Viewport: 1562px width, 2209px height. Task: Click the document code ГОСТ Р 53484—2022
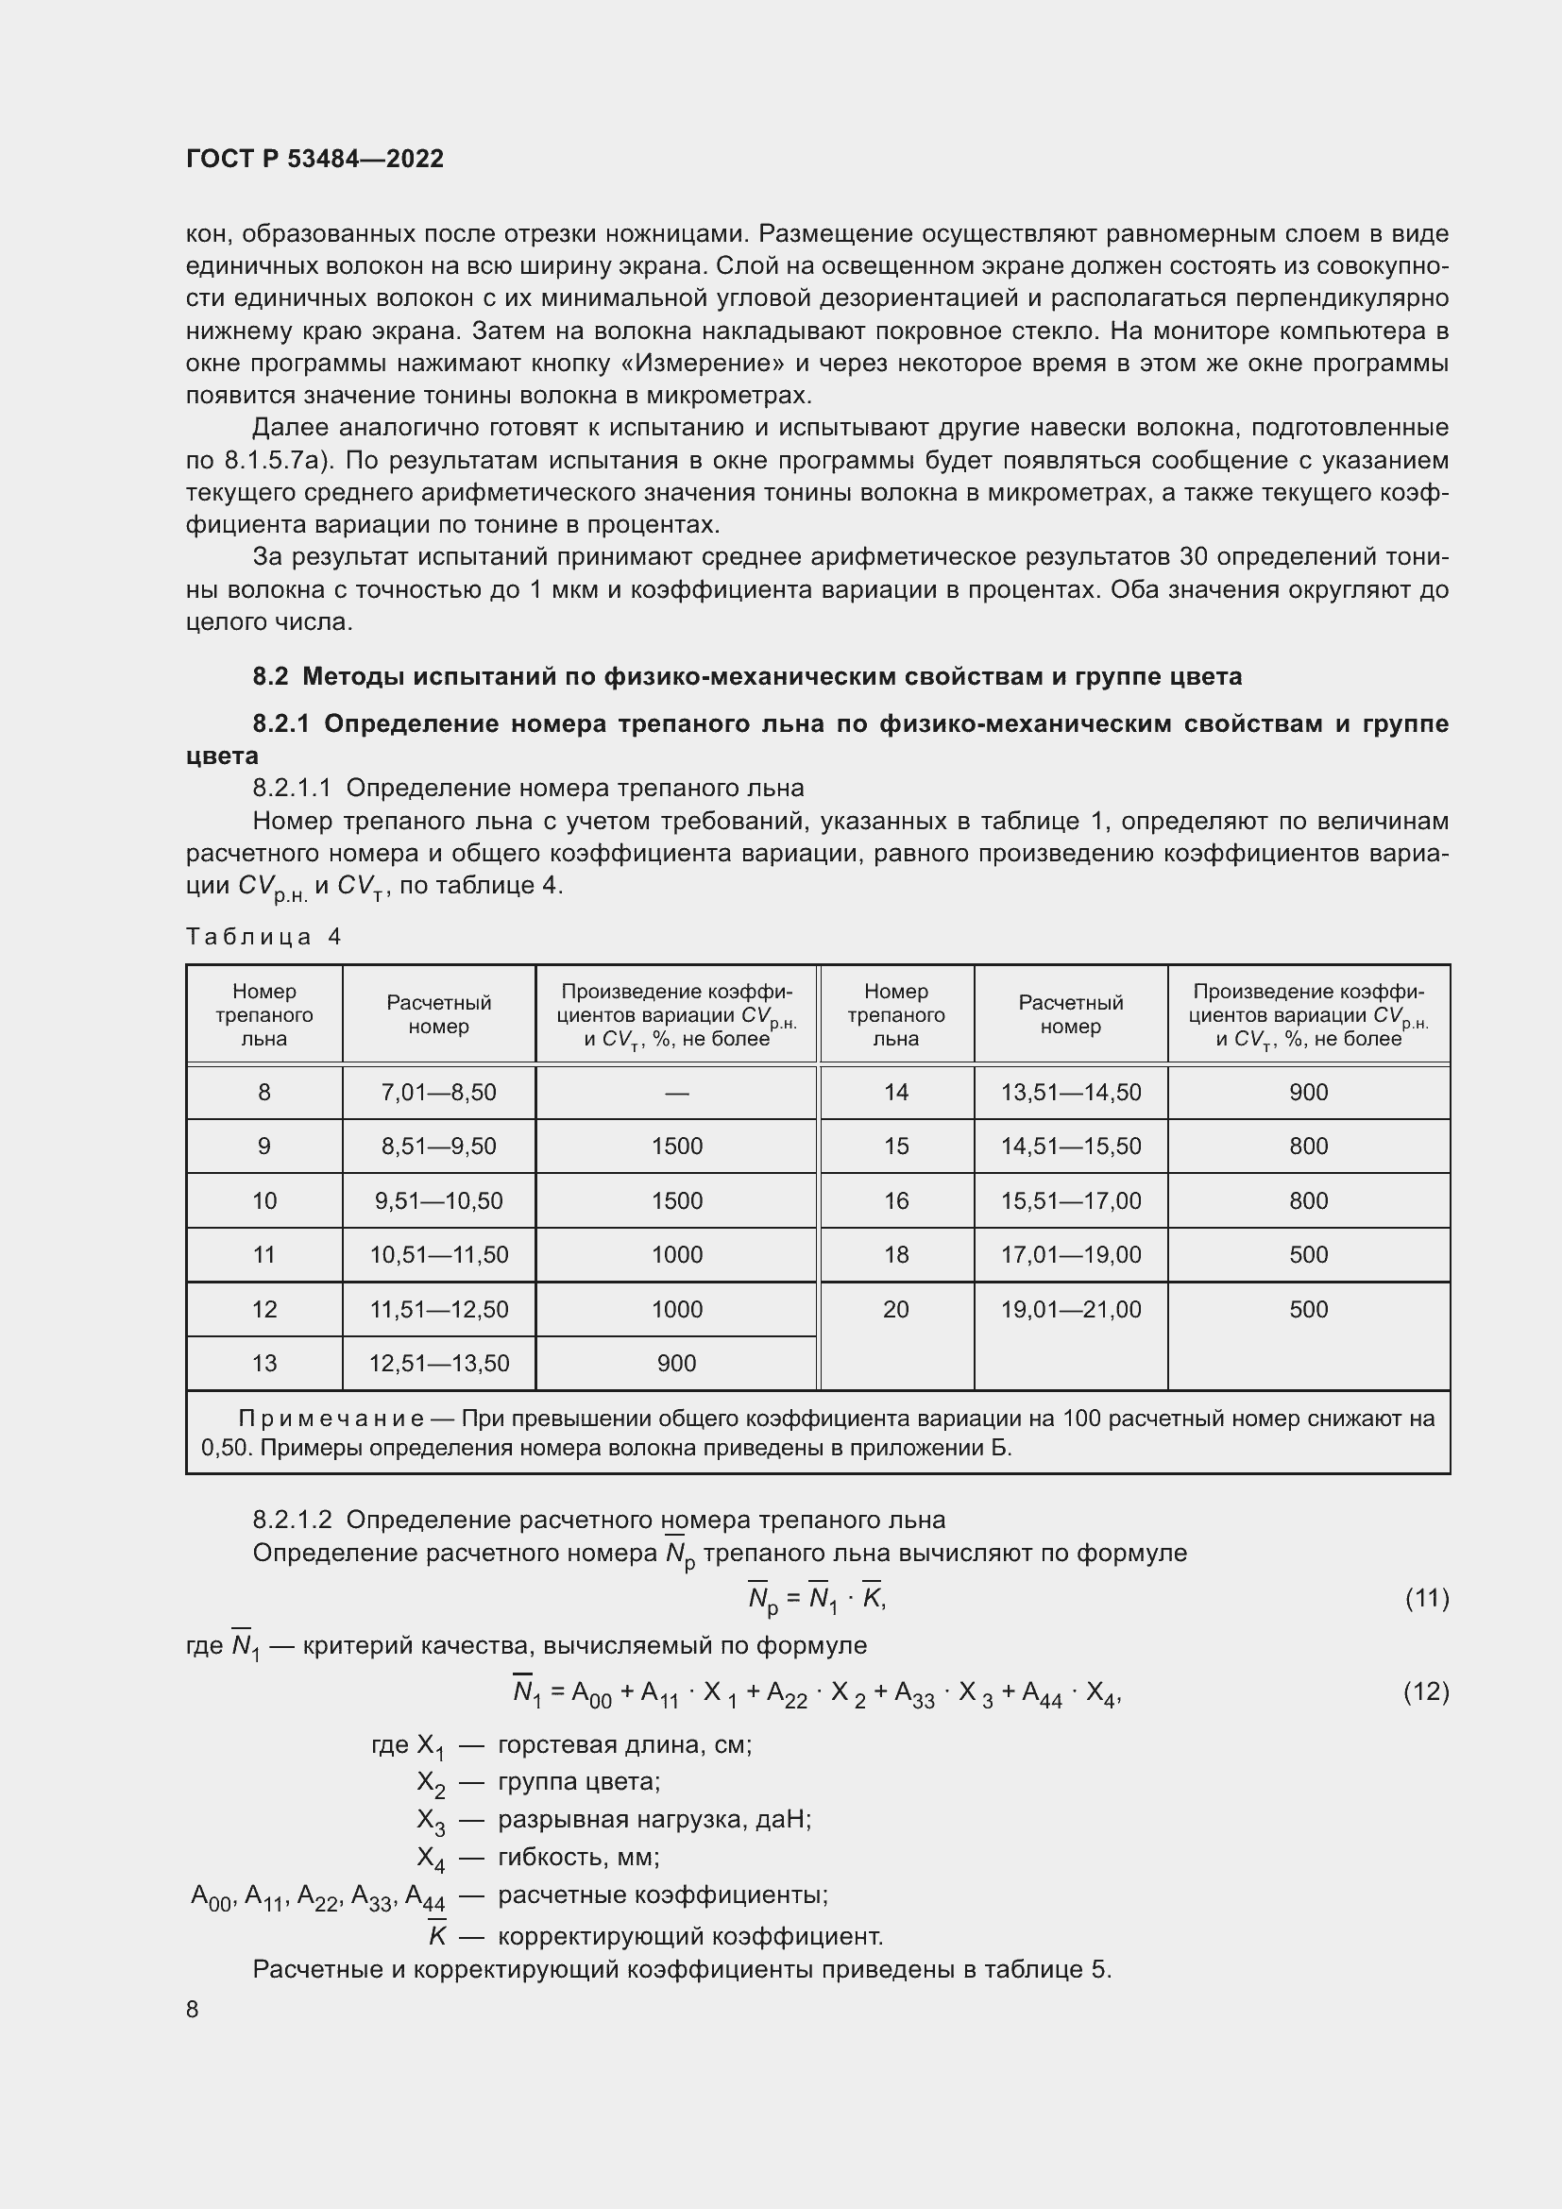314,159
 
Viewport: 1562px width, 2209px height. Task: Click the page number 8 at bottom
193,2010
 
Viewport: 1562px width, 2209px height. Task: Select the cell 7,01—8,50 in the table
438,1092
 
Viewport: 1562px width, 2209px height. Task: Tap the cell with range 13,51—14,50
1071,1092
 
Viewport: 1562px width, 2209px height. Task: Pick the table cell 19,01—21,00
1071,1309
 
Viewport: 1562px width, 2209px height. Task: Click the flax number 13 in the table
263,1364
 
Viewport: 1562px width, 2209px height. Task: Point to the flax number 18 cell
895,1254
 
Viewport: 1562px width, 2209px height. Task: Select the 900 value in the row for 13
676,1364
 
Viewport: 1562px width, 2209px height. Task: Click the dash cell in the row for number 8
676,1093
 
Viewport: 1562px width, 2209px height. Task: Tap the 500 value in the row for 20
1308,1309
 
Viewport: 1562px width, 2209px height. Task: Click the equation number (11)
1426,1598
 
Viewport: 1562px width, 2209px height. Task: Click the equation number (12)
1426,1691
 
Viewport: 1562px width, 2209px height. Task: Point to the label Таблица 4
263,937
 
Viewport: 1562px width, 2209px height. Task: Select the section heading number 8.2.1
280,723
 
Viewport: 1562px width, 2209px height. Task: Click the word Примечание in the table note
331,1419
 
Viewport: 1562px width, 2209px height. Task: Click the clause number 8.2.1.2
293,1521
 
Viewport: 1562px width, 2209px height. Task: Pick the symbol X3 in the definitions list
430,1820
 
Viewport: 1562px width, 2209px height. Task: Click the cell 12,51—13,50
438,1364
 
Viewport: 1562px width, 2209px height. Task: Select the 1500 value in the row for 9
676,1146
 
